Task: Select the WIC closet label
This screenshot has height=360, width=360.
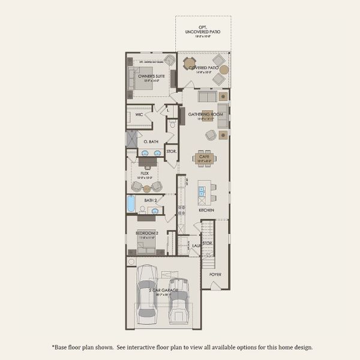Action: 139,114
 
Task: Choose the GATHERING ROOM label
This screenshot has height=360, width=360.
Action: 206,114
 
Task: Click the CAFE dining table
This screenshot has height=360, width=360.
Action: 205,158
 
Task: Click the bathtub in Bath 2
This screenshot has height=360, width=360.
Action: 131,205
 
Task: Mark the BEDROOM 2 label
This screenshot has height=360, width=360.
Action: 146,232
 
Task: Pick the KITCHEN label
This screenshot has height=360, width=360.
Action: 206,211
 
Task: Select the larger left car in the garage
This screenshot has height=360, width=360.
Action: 147,294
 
